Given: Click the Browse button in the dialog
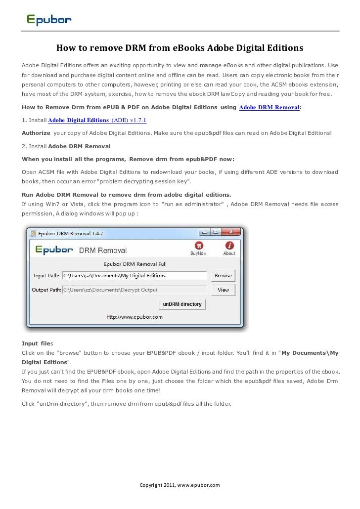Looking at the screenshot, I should click(x=223, y=275).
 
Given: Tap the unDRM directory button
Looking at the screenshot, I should click(x=182, y=304).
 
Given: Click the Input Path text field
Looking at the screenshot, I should click(x=134, y=275).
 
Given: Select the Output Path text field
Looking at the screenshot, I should click(x=134, y=290).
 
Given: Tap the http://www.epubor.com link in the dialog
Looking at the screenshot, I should click(x=135, y=317).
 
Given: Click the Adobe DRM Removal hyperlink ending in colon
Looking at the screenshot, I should click(x=269, y=107).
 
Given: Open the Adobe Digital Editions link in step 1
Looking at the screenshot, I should click(x=79, y=120).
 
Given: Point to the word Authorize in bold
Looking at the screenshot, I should click(x=36, y=133).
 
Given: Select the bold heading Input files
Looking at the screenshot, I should click(x=37, y=343).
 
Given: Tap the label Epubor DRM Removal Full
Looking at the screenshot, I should click(x=135, y=264).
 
